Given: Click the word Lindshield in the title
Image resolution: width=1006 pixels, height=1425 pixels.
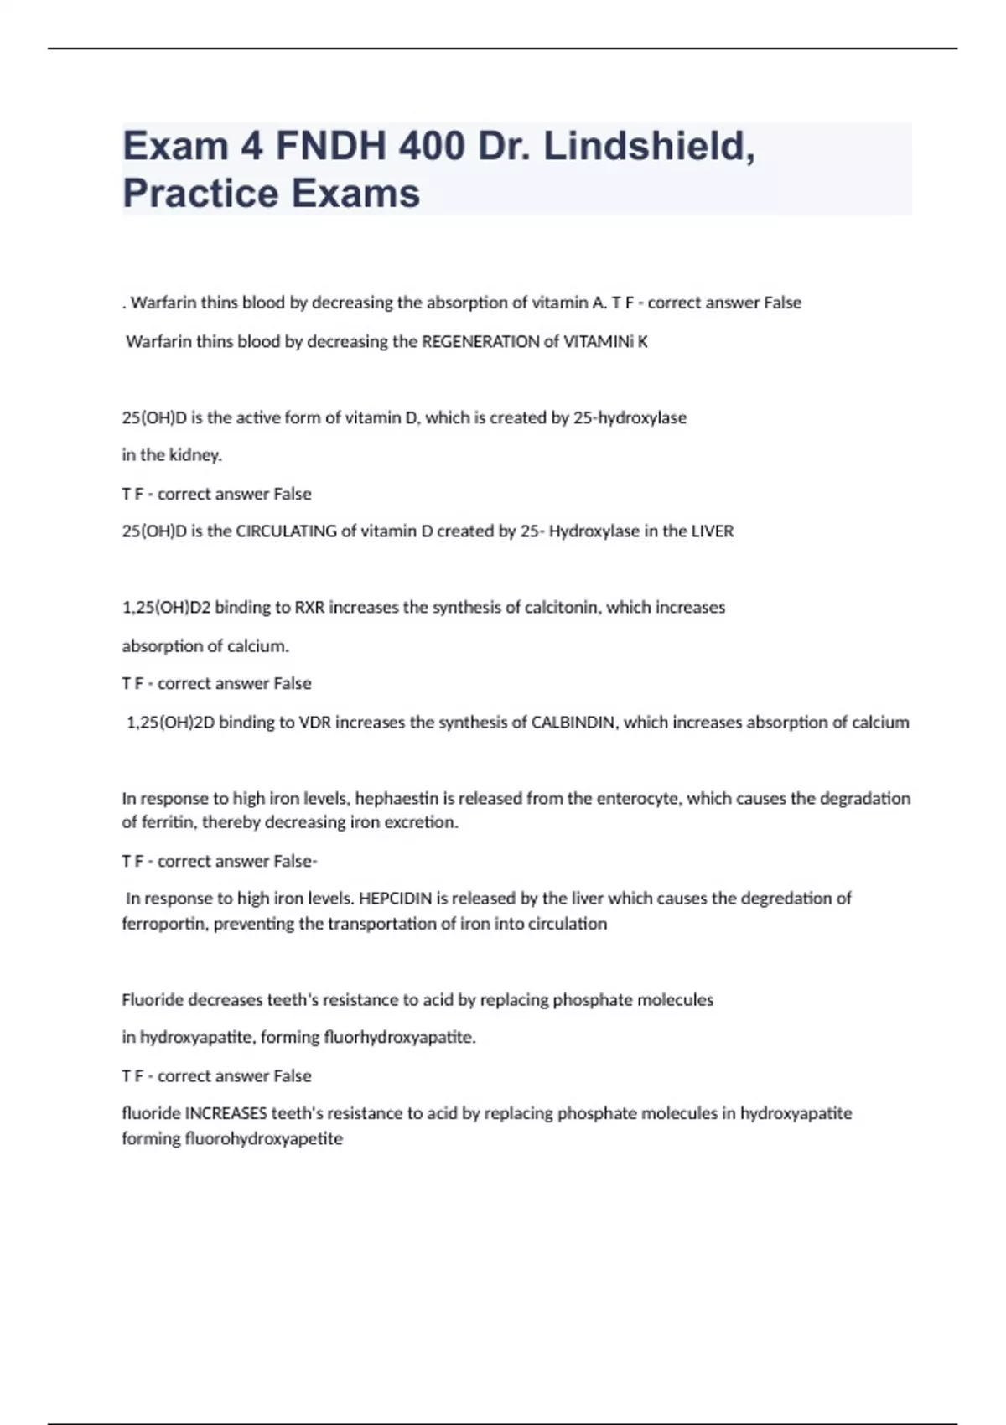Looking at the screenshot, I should click(x=648, y=146).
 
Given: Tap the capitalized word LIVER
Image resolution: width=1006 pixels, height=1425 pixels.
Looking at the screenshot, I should click(x=712, y=531).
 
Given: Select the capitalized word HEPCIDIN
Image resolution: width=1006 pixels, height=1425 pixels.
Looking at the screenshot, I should click(x=396, y=899).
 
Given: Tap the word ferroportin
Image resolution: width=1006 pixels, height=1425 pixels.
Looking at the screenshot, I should click(x=164, y=924).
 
